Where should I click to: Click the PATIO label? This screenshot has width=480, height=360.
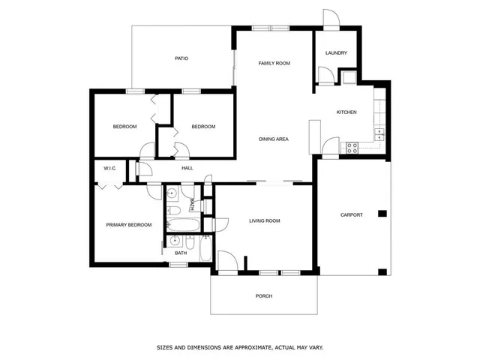[181, 58]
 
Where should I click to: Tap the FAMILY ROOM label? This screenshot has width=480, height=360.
[274, 64]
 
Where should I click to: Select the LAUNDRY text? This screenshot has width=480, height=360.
[335, 53]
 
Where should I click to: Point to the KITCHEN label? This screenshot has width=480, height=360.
[346, 112]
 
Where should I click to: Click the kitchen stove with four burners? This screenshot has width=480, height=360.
[350, 147]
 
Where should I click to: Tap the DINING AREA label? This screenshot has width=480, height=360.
[274, 139]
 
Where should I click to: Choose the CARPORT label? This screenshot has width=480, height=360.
[351, 215]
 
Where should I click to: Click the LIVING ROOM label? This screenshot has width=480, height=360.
[265, 220]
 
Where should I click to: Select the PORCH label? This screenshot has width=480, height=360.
[263, 296]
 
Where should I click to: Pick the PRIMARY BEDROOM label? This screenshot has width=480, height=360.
[128, 225]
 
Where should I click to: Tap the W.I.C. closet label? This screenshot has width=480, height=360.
[109, 169]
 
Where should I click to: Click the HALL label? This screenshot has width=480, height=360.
[187, 168]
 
